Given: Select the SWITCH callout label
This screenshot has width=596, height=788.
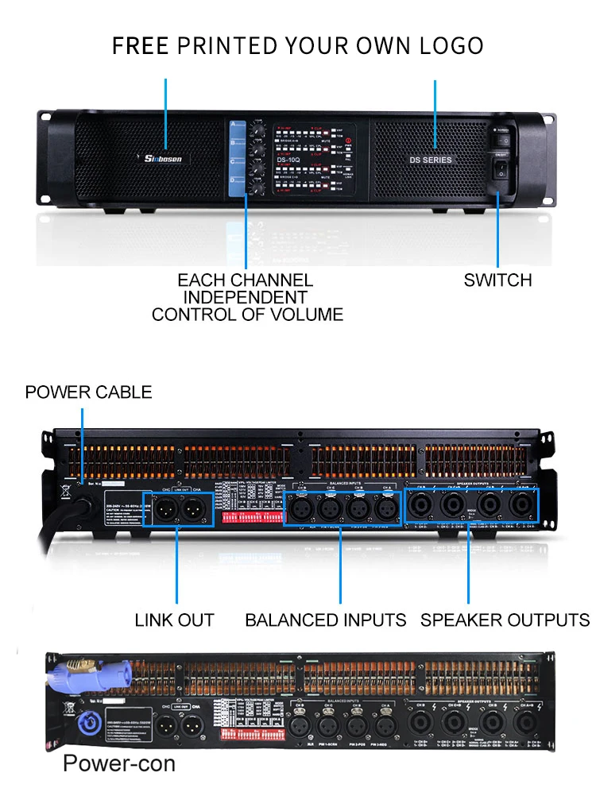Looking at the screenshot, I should tap(497, 280).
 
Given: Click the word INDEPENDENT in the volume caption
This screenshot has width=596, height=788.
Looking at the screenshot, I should tap(246, 297).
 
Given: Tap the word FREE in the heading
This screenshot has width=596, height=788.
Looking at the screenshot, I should tap(141, 45).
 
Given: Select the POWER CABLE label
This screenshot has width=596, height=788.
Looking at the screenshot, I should tap(88, 392).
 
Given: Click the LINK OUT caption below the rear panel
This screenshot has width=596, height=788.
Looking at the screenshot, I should tap(175, 620).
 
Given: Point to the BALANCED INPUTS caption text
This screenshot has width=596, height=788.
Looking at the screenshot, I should tap(326, 620).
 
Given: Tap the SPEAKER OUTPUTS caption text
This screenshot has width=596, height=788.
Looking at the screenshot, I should tap(505, 620).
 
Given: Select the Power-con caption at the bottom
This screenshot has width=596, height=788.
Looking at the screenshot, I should tap(119, 764).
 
